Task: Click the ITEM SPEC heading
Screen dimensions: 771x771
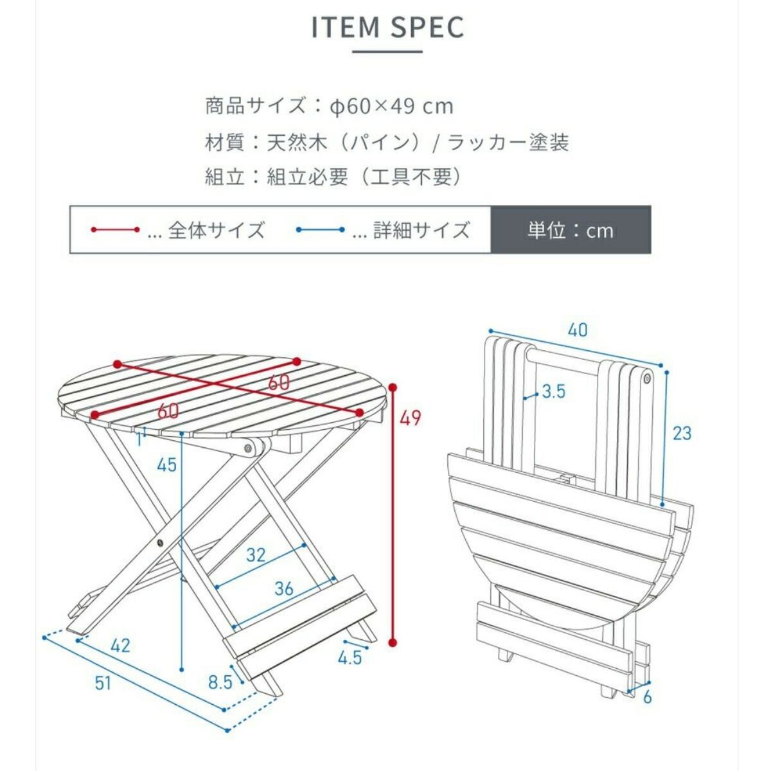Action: [x=387, y=28]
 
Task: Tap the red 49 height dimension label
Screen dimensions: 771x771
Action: [x=410, y=418]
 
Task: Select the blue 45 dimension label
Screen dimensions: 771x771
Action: [x=166, y=464]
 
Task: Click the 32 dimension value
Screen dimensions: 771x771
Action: [x=256, y=554]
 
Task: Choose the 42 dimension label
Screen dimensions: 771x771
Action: [x=120, y=644]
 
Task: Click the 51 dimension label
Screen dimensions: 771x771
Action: [x=103, y=683]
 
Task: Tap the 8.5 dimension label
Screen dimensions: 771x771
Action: [x=220, y=682]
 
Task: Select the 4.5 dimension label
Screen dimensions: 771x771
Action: [x=350, y=657]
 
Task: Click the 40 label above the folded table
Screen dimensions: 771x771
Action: [x=578, y=330]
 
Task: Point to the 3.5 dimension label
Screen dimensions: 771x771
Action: [x=553, y=391]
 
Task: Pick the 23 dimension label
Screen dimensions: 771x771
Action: [x=682, y=434]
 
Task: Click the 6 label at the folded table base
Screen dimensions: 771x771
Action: [x=647, y=696]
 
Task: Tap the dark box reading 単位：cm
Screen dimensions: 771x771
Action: [x=571, y=230]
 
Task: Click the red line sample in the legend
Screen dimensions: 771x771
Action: [x=115, y=229]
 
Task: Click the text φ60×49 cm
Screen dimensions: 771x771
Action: [x=392, y=106]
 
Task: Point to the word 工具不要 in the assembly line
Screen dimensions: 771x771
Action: [x=413, y=177]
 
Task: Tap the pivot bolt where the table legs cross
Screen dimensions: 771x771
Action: [x=160, y=544]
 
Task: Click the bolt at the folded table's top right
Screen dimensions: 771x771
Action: [x=646, y=380]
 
